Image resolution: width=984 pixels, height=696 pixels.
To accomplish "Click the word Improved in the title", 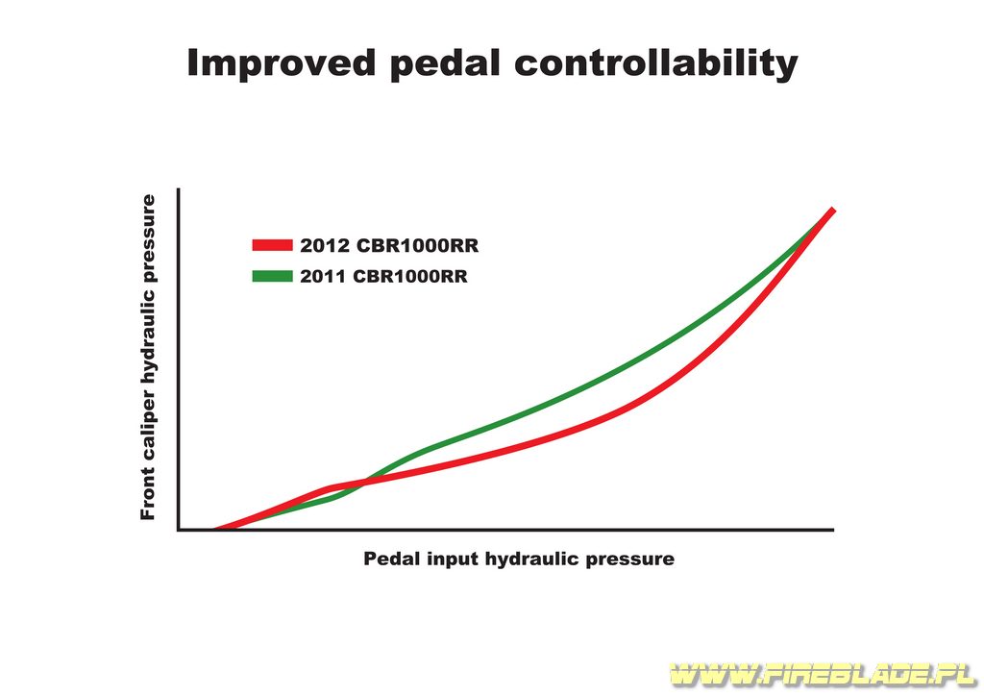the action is pos(282,63).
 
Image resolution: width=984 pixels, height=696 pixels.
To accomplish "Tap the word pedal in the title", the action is pos(445,63).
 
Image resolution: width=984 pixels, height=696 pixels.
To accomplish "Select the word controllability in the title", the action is pos(656,63).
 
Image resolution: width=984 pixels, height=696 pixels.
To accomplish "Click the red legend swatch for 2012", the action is pos(272,245).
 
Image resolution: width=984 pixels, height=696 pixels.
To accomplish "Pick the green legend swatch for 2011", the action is pos(272,276).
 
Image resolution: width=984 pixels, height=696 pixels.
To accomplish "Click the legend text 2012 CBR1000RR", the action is pos(389,245).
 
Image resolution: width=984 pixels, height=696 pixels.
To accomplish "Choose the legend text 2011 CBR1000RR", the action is pos(383,277).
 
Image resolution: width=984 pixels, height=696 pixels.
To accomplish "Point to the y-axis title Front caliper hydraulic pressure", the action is pos(148,357).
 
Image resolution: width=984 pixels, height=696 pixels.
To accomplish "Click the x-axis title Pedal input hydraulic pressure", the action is pos(519,559).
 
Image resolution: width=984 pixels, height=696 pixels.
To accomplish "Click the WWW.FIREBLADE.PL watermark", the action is pos(823,674).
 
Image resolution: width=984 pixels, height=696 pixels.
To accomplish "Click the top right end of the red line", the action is pos(833,209).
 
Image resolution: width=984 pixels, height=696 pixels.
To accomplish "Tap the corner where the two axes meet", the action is pos(179,530).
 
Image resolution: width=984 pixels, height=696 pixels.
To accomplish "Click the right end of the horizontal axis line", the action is pos(833,530).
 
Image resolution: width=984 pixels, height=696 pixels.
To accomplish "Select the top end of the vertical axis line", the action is pos(179,189).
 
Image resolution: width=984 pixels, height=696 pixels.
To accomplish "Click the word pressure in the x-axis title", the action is pos(630,559).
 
